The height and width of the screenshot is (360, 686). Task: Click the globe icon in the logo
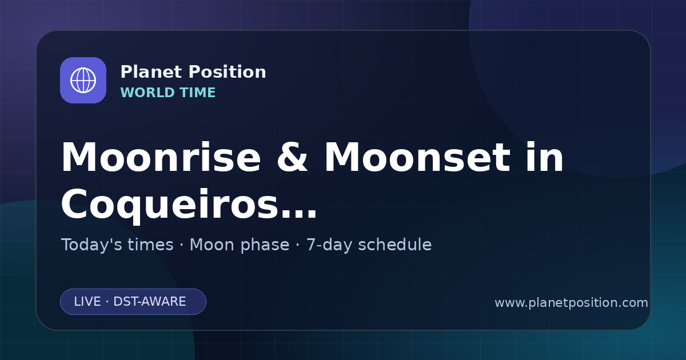tap(83, 80)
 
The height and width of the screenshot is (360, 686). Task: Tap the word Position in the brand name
tap(228, 72)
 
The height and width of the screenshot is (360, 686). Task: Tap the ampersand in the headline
tap(292, 157)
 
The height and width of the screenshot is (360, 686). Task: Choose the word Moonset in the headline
tap(417, 157)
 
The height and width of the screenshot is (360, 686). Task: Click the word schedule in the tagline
tap(395, 245)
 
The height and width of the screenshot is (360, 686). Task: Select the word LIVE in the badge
tap(87, 302)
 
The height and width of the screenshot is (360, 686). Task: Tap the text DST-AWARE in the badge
tap(150, 302)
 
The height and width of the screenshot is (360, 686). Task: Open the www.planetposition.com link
tap(572, 303)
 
